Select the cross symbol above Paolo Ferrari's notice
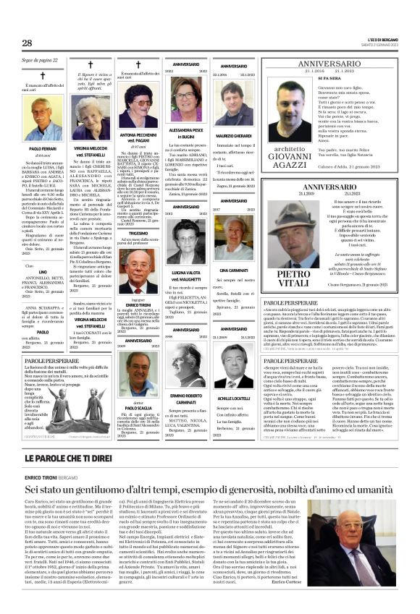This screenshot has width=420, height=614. [x=41, y=76]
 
